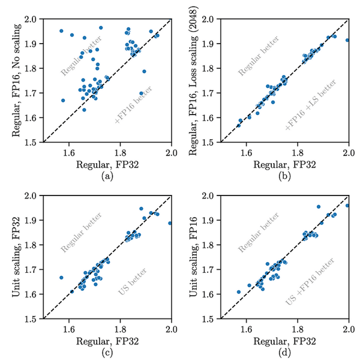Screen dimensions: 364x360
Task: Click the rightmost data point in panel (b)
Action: tap(347, 40)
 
